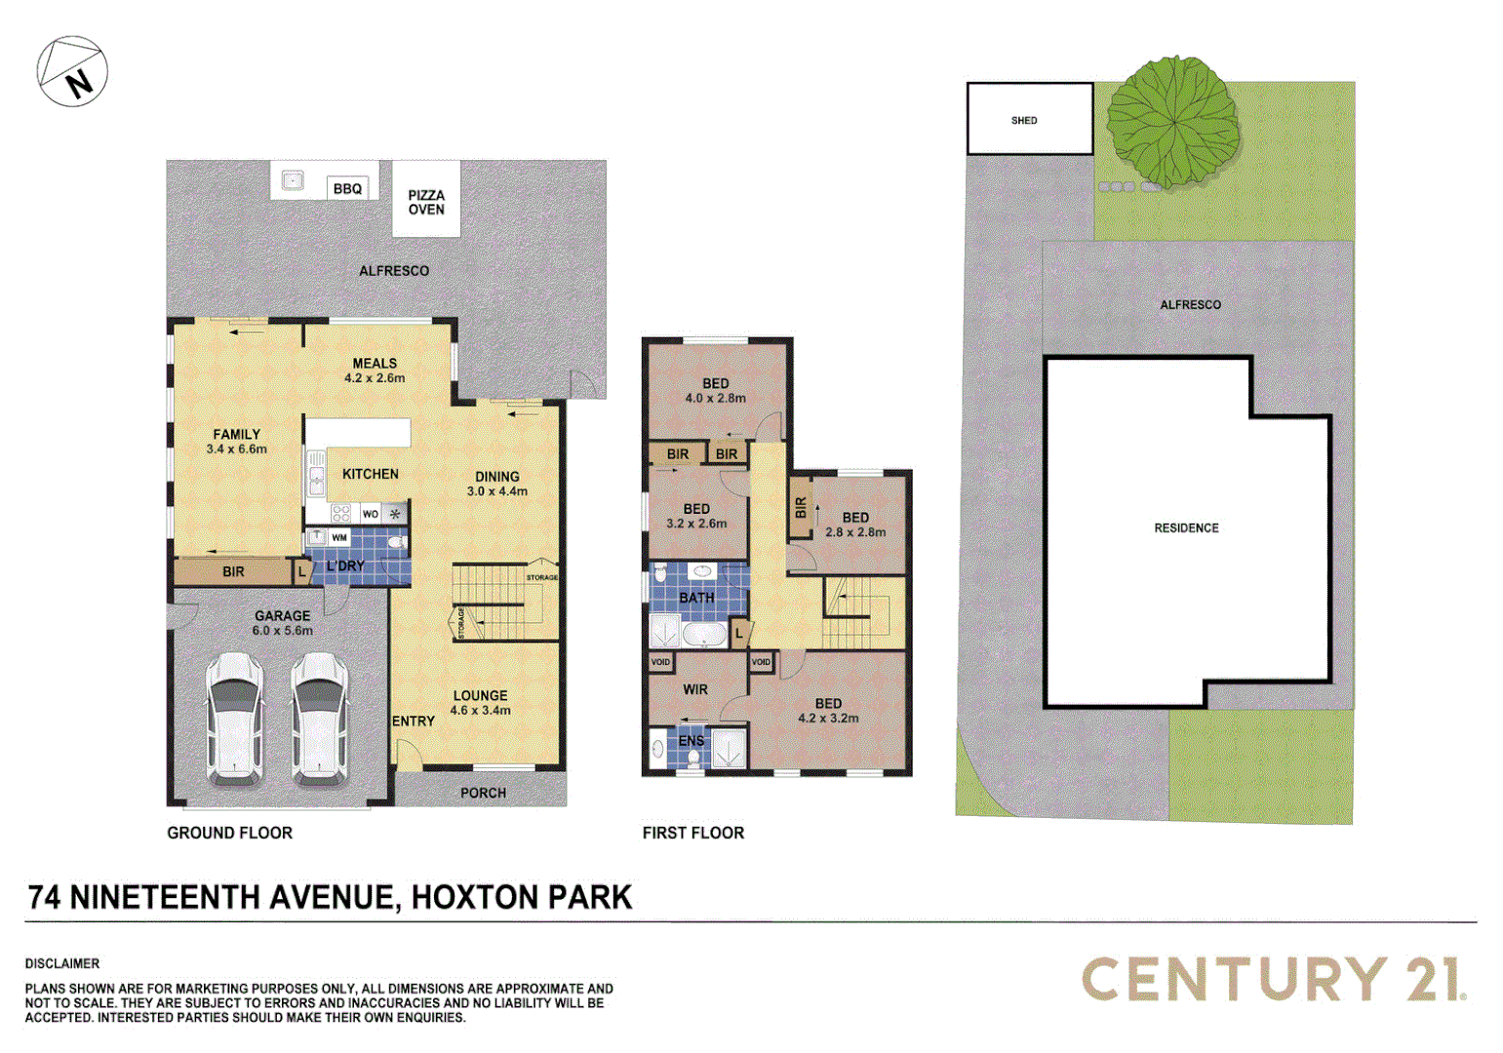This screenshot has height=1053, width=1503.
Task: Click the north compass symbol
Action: pos(72,72)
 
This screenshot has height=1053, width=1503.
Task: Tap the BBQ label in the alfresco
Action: pos(347,189)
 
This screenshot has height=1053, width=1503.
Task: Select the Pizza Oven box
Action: pos(426,201)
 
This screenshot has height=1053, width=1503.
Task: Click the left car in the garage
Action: pos(234,719)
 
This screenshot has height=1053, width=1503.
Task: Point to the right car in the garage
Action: pos(320,719)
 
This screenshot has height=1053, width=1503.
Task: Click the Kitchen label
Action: pos(371,474)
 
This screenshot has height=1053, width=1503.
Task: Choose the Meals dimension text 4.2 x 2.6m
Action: pos(375,378)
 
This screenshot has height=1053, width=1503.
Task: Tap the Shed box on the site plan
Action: pos(1029,119)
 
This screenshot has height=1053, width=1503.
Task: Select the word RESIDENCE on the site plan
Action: pos(1186,528)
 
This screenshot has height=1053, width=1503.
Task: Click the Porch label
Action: pos(483,793)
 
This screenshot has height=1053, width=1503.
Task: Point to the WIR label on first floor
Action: pos(695,689)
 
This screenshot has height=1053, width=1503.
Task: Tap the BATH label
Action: pos(696,598)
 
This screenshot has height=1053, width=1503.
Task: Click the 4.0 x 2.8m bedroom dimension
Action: pos(715,399)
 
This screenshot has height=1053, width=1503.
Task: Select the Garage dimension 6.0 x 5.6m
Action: pos(283,631)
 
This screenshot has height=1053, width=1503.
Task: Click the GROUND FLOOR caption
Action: pos(229,833)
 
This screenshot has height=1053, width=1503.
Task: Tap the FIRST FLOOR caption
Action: pos(692,833)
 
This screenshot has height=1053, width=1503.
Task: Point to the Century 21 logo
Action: pos(1274,978)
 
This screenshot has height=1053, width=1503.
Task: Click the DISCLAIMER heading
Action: pos(62,963)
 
